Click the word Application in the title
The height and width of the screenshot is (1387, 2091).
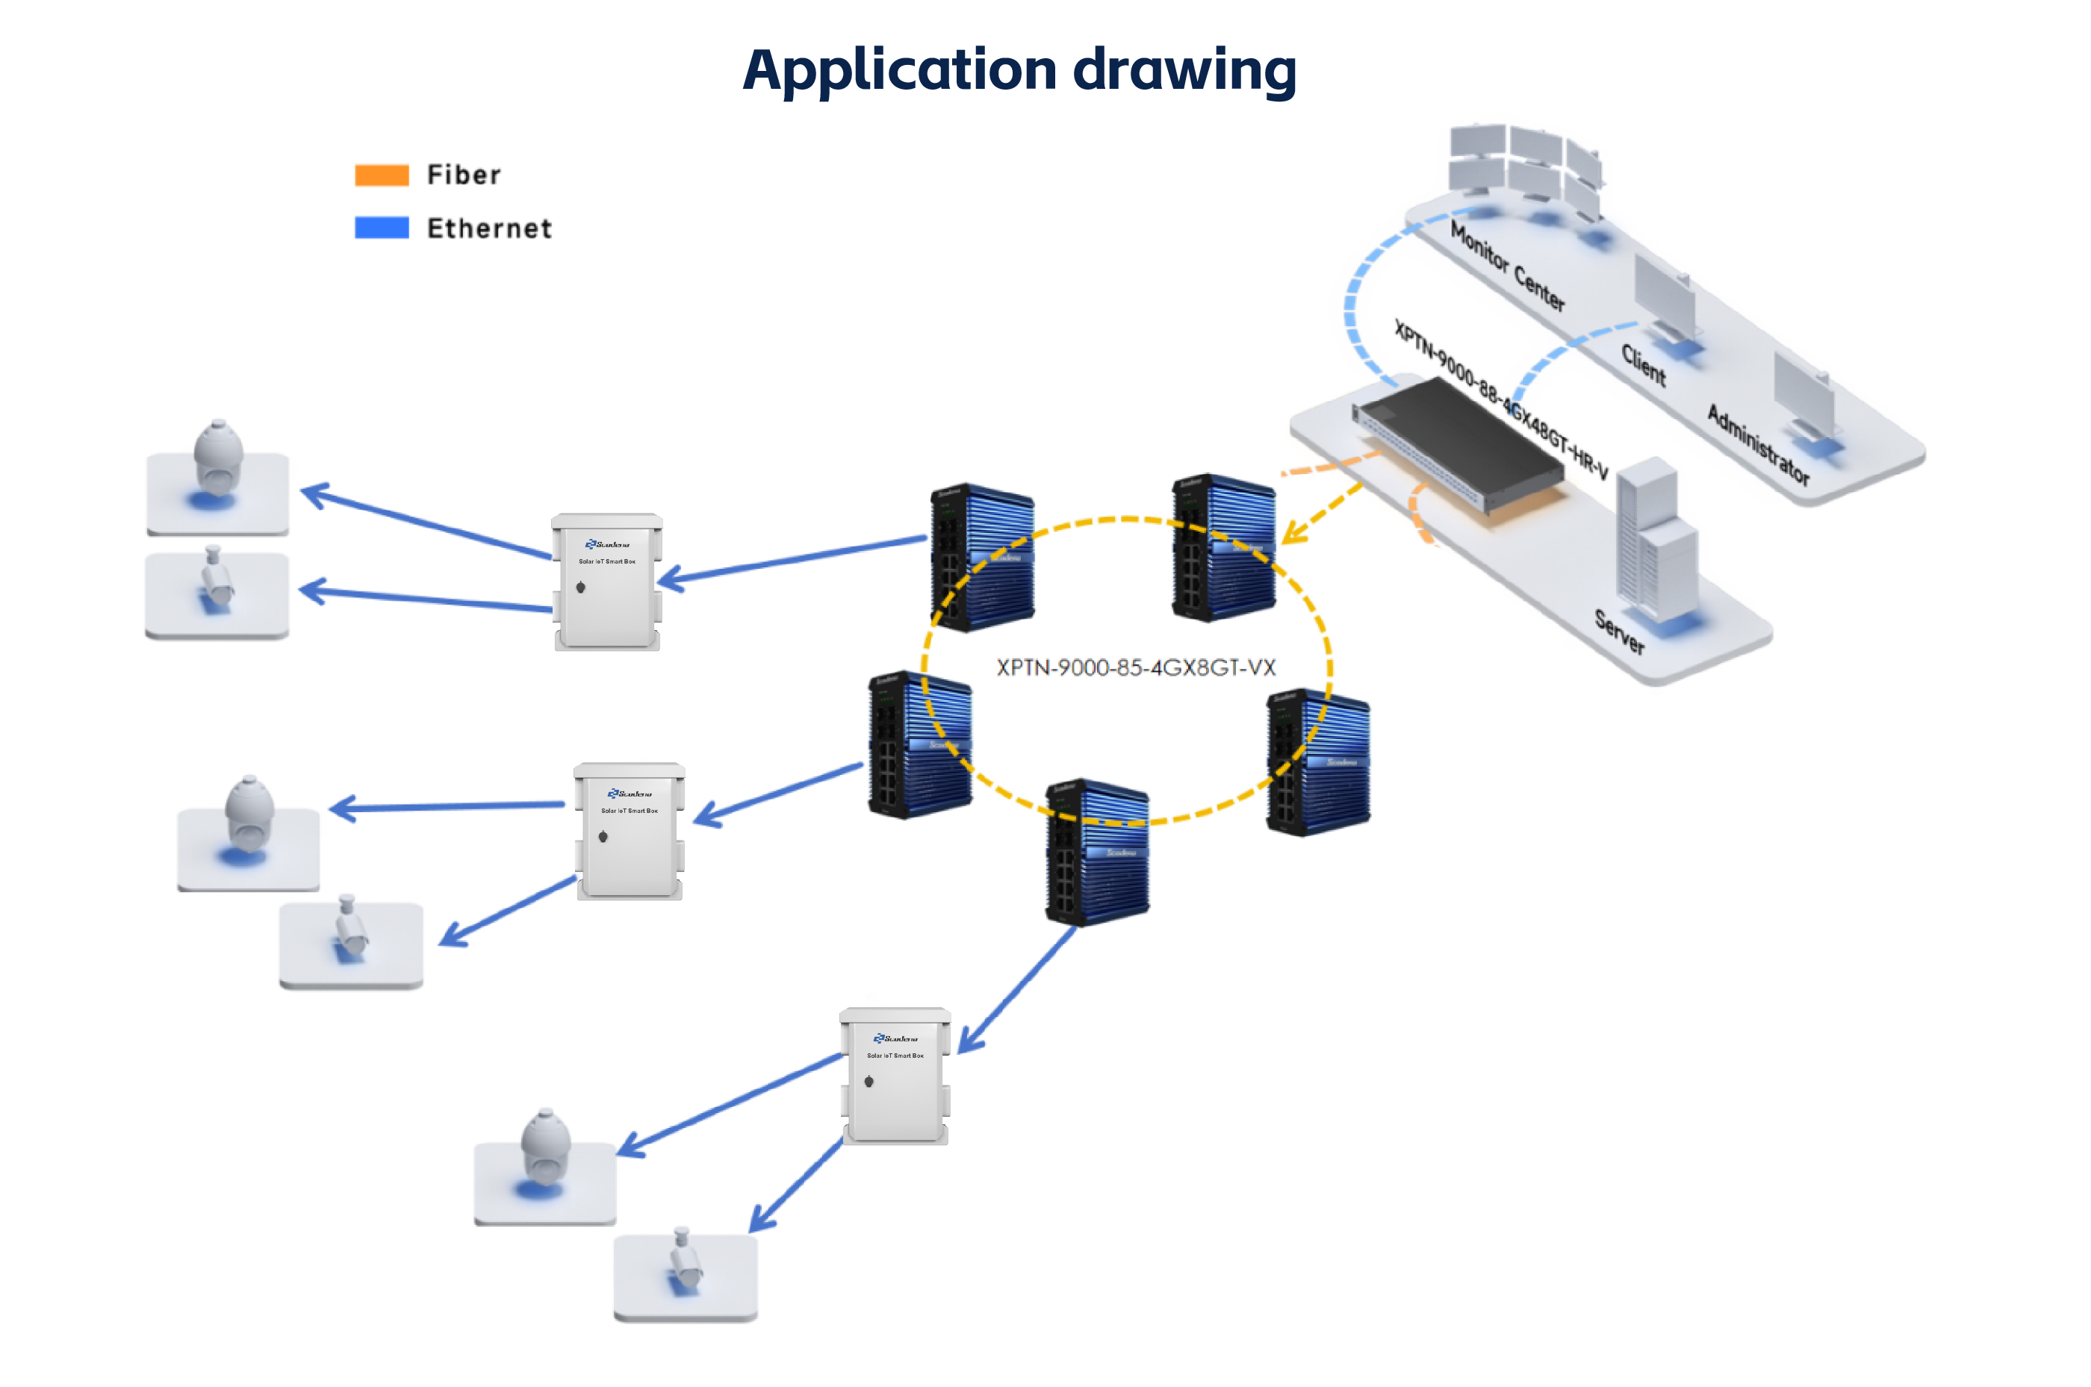tap(899, 71)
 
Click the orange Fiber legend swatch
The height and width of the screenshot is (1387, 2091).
tap(382, 175)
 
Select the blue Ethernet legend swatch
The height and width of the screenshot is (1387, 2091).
tap(382, 228)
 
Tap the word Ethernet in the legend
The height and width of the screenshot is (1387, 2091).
tap(489, 229)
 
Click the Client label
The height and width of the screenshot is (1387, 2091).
tap(1643, 365)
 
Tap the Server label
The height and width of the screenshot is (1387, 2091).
tap(1619, 632)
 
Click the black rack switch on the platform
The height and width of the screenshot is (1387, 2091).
tap(1460, 442)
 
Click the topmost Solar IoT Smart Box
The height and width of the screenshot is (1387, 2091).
tap(607, 582)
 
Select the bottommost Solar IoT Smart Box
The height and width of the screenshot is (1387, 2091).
tap(895, 1076)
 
